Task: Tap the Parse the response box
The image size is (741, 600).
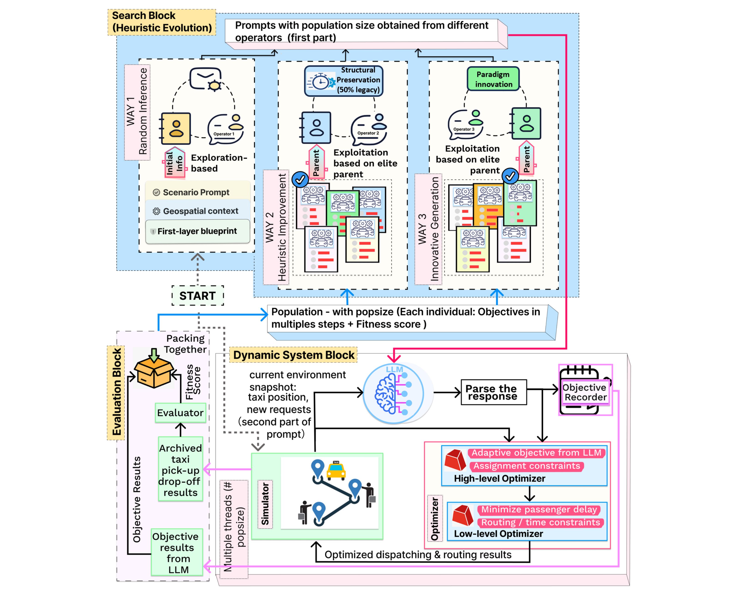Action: point(493,392)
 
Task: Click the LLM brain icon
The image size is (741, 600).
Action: point(394,393)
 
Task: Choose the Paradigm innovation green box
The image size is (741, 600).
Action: point(493,79)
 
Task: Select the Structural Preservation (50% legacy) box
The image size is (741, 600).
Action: point(343,81)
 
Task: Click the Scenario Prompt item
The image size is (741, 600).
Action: point(197,192)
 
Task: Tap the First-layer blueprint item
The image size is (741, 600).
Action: point(197,231)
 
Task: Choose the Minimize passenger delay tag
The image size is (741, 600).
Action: point(539,510)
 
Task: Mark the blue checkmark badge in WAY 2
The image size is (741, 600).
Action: point(300,179)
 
